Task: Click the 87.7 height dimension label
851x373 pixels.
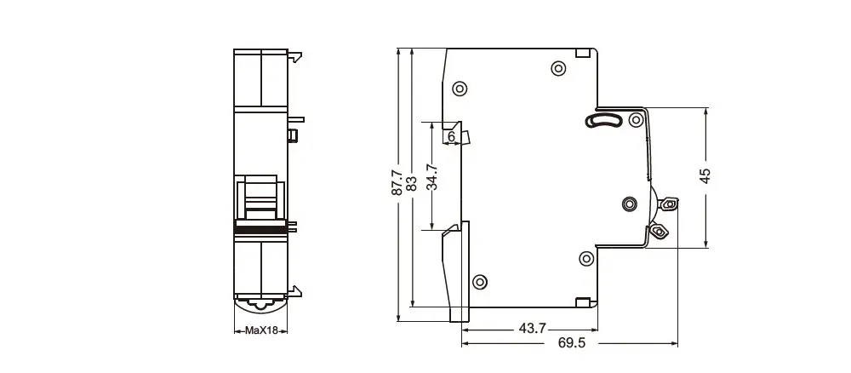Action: tap(397, 182)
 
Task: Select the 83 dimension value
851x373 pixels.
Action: tap(411, 182)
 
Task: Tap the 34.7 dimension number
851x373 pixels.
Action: tap(432, 177)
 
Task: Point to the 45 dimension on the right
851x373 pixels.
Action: tap(705, 176)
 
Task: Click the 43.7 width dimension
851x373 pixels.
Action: tap(533, 328)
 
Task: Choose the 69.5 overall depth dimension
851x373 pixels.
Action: tap(572, 343)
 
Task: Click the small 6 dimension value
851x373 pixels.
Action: tap(451, 137)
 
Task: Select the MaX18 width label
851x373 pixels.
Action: tap(261, 330)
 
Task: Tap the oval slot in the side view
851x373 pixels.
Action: tap(603, 120)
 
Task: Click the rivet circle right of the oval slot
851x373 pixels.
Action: tap(636, 120)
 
